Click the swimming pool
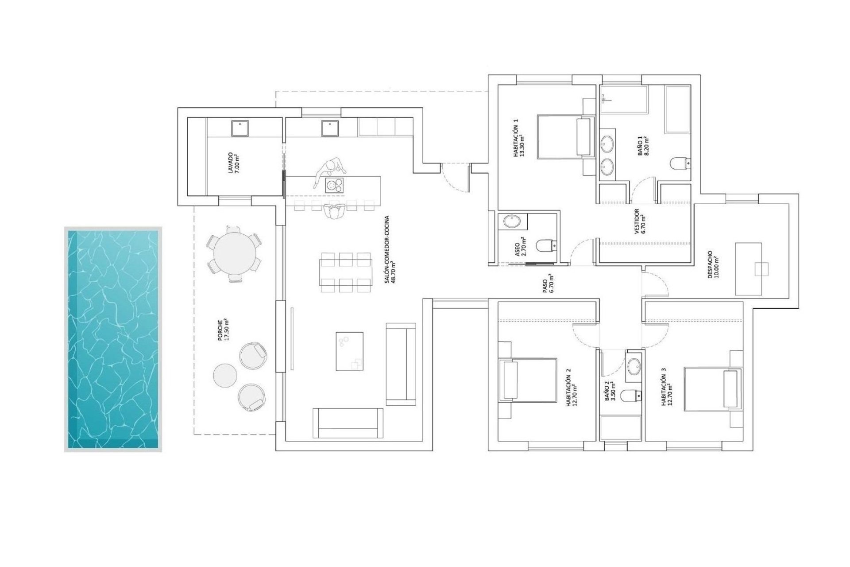tap(113, 339)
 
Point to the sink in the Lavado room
tap(240, 128)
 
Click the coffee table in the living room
tap(350, 351)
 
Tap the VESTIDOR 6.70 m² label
tap(639, 221)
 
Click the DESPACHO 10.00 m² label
tap(713, 264)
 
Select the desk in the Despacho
tap(748, 269)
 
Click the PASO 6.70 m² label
tap(548, 283)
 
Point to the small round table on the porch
tap(225, 375)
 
